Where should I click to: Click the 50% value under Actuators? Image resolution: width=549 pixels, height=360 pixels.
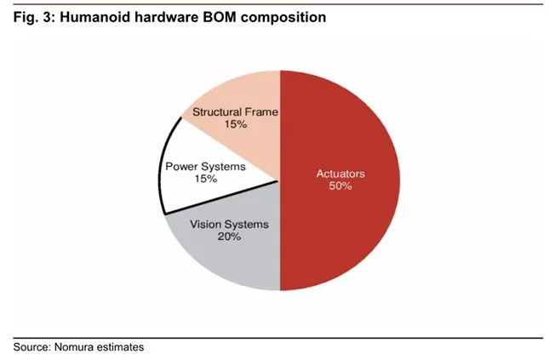tap(340, 186)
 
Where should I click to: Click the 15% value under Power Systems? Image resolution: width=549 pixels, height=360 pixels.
tap(204, 179)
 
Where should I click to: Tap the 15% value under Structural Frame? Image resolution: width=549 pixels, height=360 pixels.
tap(235, 124)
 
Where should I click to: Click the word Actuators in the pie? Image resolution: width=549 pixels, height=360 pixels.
tap(340, 174)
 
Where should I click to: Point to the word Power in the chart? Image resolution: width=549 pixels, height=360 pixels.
tap(180, 167)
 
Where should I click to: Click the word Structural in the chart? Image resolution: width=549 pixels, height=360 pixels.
tap(218, 111)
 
